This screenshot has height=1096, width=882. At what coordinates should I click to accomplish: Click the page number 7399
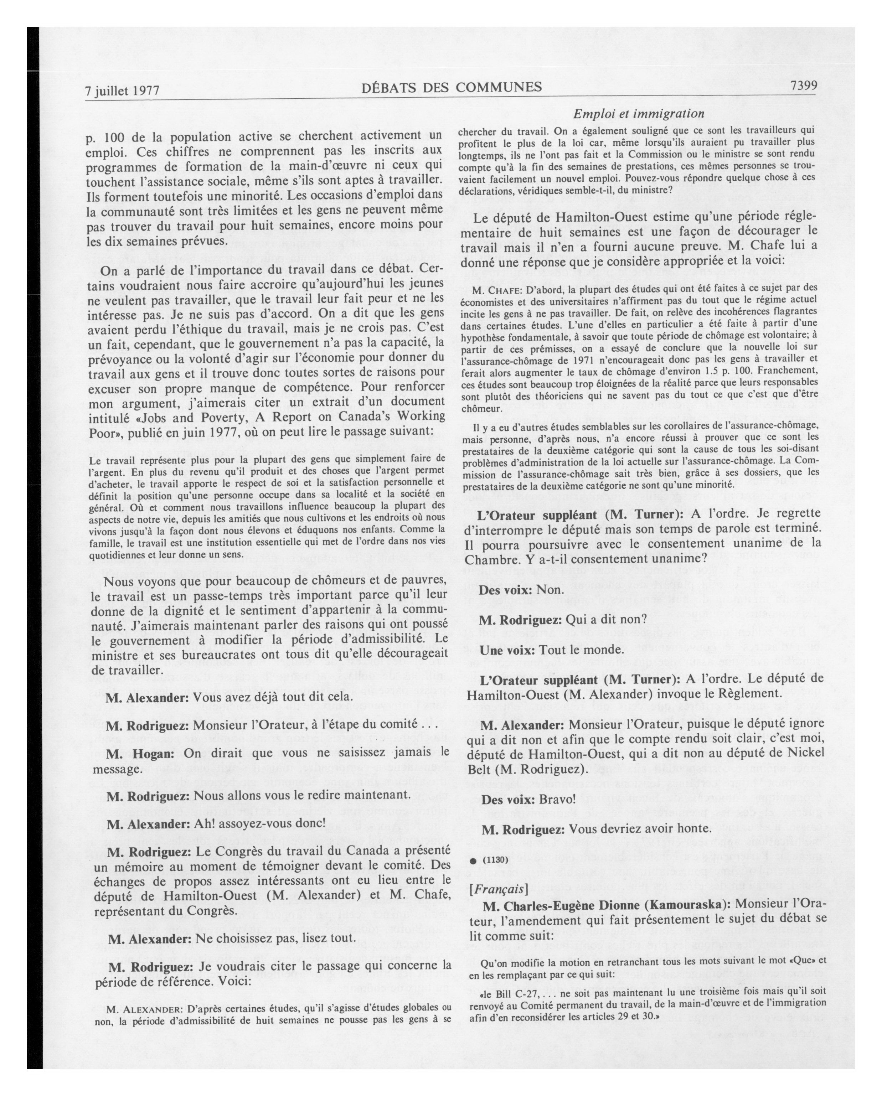click(803, 86)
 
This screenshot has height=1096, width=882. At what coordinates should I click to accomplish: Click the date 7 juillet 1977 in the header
click(123, 91)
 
